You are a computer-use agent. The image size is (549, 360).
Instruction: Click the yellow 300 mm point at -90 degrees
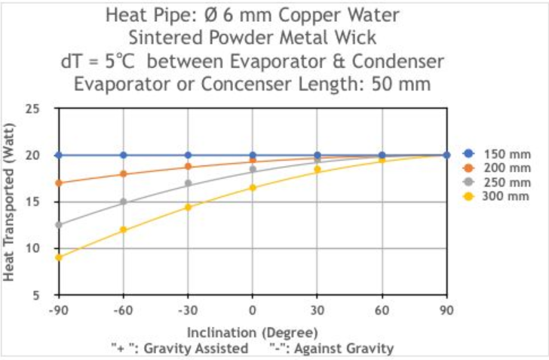[59, 257]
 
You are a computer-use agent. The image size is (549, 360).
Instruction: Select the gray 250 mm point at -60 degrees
[124, 202]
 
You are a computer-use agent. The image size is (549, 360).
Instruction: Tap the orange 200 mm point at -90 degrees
[59, 183]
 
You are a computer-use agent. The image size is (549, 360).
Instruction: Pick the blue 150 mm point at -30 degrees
[188, 155]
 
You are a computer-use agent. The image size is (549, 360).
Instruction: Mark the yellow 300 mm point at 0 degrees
[253, 187]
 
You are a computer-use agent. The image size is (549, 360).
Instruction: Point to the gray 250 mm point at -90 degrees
[59, 224]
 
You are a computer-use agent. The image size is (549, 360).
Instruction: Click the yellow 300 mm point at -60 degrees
[124, 229]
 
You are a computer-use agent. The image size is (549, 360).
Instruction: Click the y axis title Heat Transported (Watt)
[10, 202]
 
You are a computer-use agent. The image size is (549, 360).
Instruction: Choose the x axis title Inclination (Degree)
[253, 332]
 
